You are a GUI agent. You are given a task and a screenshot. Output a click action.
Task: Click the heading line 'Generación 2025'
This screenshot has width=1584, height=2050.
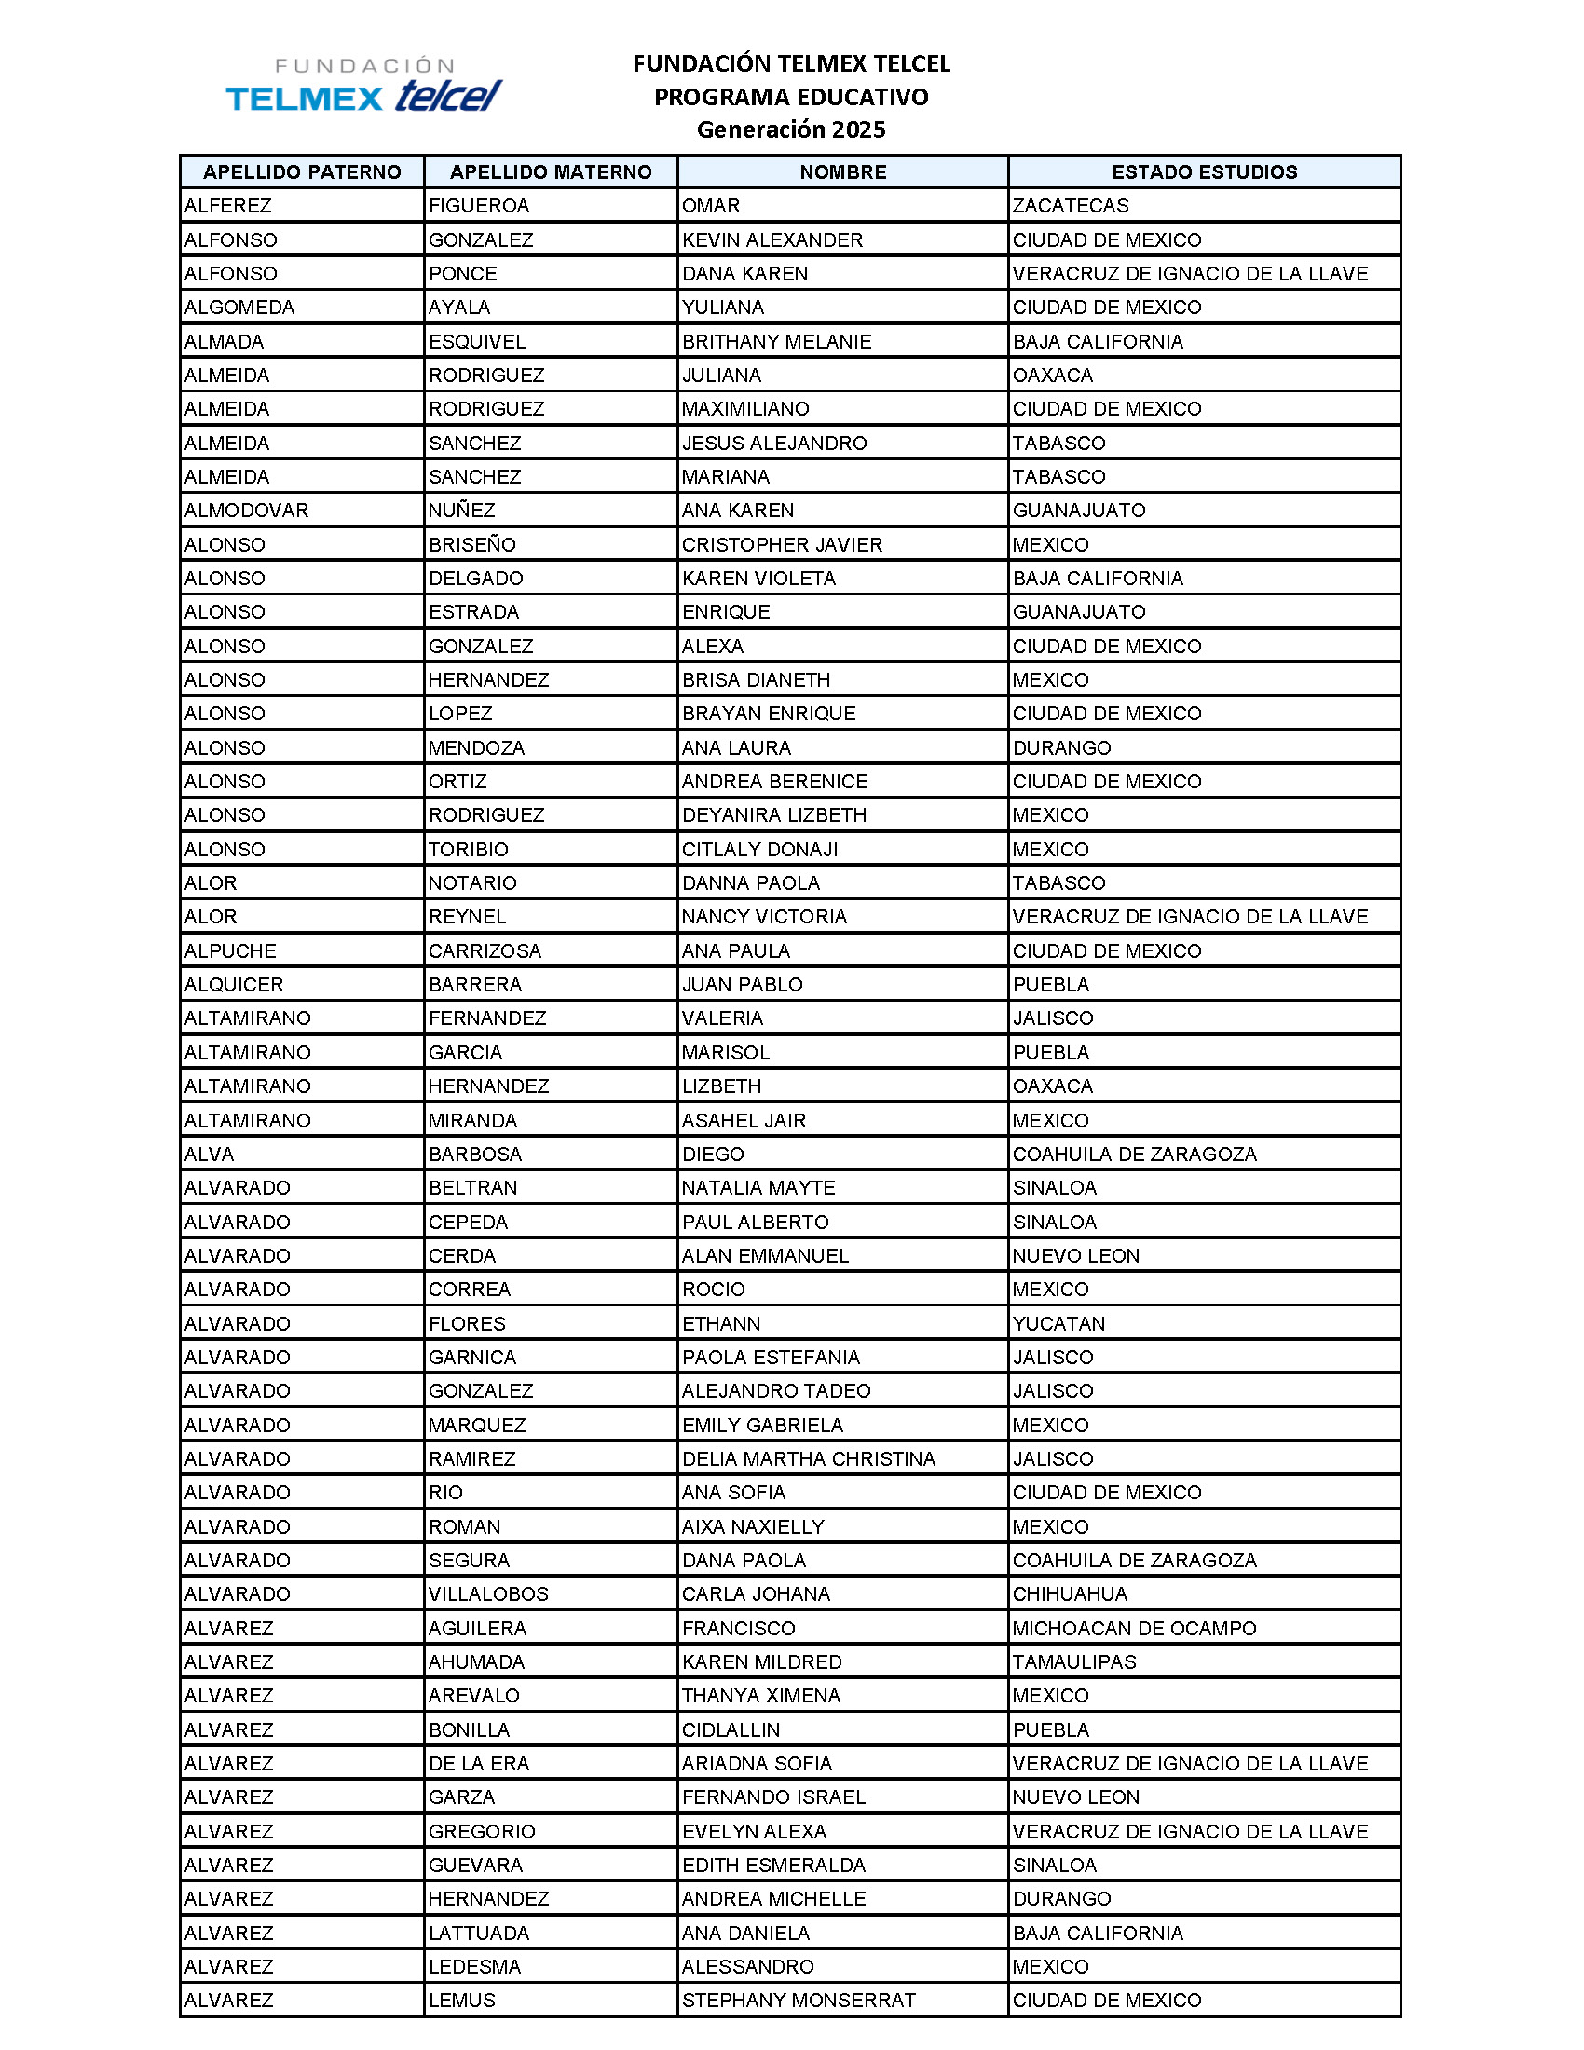[790, 130]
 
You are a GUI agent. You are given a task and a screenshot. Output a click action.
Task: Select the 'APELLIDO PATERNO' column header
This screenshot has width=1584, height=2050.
[301, 171]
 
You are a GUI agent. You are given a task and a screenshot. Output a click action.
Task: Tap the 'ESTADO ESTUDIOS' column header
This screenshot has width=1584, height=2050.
[1204, 171]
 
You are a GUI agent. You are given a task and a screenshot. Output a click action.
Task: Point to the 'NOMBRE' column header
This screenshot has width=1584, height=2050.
[842, 171]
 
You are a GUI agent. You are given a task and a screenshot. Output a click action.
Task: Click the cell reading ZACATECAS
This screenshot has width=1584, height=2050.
[1071, 206]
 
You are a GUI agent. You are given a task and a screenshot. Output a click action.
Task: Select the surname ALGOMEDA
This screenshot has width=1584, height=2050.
[239, 307]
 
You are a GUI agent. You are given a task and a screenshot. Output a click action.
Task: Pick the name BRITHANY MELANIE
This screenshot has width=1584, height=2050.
[776, 342]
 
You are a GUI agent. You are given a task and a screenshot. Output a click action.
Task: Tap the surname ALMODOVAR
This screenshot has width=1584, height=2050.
[246, 511]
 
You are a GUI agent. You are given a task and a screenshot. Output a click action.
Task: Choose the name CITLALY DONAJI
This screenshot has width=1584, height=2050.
[760, 850]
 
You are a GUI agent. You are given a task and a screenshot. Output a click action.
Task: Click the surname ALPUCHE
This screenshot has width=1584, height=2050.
[230, 950]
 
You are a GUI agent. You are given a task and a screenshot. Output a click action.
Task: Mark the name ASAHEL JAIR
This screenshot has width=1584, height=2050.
[744, 1121]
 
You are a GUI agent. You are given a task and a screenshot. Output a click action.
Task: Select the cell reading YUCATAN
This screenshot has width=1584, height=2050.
[1058, 1323]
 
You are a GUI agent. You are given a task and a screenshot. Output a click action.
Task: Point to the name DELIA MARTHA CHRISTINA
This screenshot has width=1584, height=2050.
[809, 1458]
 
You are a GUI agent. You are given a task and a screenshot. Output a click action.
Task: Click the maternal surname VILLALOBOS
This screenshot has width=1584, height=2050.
[488, 1593]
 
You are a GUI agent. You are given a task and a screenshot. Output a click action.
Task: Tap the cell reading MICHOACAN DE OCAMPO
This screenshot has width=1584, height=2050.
[1134, 1629]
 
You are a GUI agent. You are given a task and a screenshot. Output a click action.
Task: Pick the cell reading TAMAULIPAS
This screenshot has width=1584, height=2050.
[1074, 1662]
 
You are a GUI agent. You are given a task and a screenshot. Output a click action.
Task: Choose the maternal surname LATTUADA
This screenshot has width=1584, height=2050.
[479, 1933]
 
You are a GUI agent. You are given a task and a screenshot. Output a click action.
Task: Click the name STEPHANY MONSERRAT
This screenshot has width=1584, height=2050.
[799, 2001]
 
